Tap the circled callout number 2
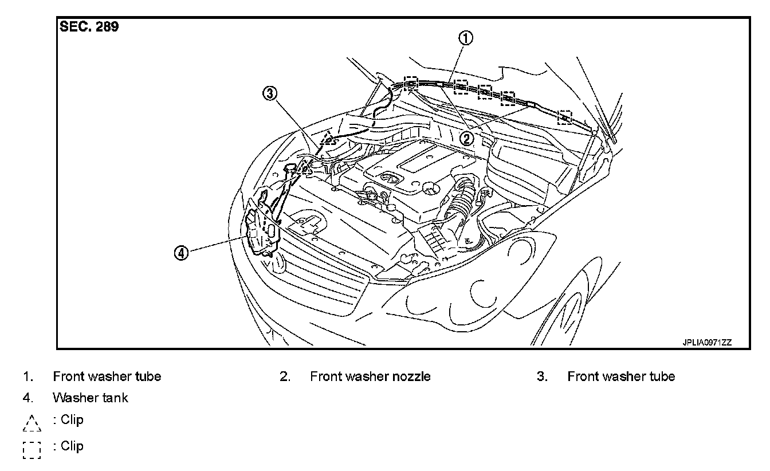click(x=467, y=138)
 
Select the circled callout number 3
click(x=270, y=93)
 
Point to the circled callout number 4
click(x=181, y=253)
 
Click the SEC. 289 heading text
click(x=89, y=27)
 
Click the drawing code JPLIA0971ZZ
click(x=707, y=343)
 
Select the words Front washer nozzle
click(x=370, y=376)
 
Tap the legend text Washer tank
click(x=91, y=398)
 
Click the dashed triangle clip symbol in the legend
click(x=32, y=422)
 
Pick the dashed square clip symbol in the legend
click(x=32, y=449)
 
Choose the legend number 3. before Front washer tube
click(x=542, y=376)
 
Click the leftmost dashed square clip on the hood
click(x=411, y=84)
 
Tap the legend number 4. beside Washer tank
click(x=27, y=398)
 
